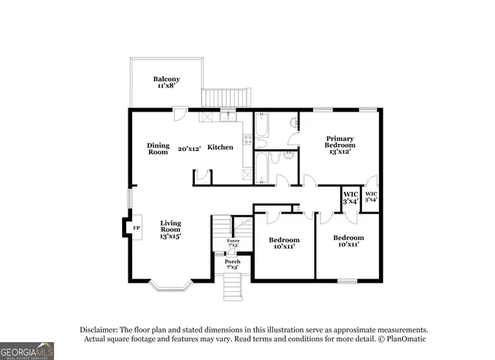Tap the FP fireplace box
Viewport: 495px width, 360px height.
(x=136, y=228)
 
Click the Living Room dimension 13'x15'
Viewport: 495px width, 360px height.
(x=170, y=236)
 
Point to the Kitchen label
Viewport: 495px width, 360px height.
(x=220, y=147)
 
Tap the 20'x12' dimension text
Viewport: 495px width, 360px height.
(x=189, y=149)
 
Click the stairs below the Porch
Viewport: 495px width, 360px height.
(x=233, y=288)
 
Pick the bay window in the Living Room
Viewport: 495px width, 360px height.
(x=170, y=286)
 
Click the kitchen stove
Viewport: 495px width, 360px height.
(x=248, y=140)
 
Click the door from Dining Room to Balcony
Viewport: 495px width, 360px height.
(x=179, y=114)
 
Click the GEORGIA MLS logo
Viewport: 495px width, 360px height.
(x=27, y=351)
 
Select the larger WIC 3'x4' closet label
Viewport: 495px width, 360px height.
(x=350, y=198)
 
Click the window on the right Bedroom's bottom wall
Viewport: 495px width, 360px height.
(x=347, y=280)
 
